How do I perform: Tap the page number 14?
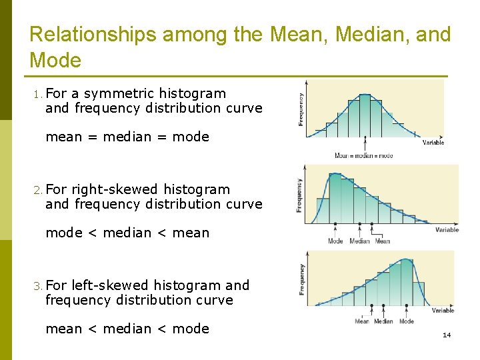pyautogui.click(x=447, y=335)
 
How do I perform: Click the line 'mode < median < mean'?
pyautogui.click(x=127, y=233)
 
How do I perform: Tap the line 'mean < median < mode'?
pyautogui.click(x=127, y=329)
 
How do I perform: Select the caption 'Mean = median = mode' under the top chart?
pyautogui.click(x=363, y=155)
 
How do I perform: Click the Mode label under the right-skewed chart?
pyautogui.click(x=335, y=241)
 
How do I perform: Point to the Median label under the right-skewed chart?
pyautogui.click(x=359, y=241)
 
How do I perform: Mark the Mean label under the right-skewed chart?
pyautogui.click(x=383, y=241)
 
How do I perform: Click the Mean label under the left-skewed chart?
pyautogui.click(x=362, y=321)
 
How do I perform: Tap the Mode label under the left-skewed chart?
pyautogui.click(x=407, y=321)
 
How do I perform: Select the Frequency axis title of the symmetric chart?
pyautogui.click(x=301, y=109)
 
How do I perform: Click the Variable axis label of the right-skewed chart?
pyautogui.click(x=447, y=230)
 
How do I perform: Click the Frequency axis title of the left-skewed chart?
pyautogui.click(x=302, y=279)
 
